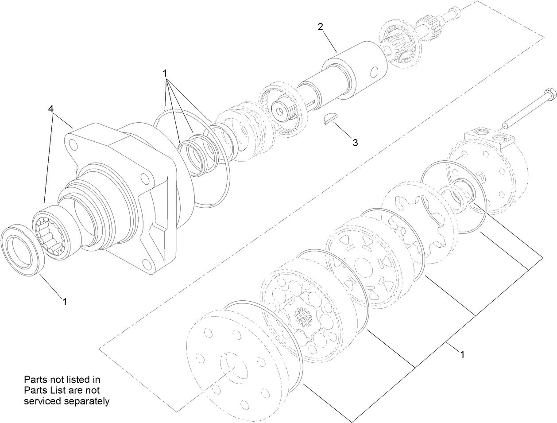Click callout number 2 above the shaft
320,26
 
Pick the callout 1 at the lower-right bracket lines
462,354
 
